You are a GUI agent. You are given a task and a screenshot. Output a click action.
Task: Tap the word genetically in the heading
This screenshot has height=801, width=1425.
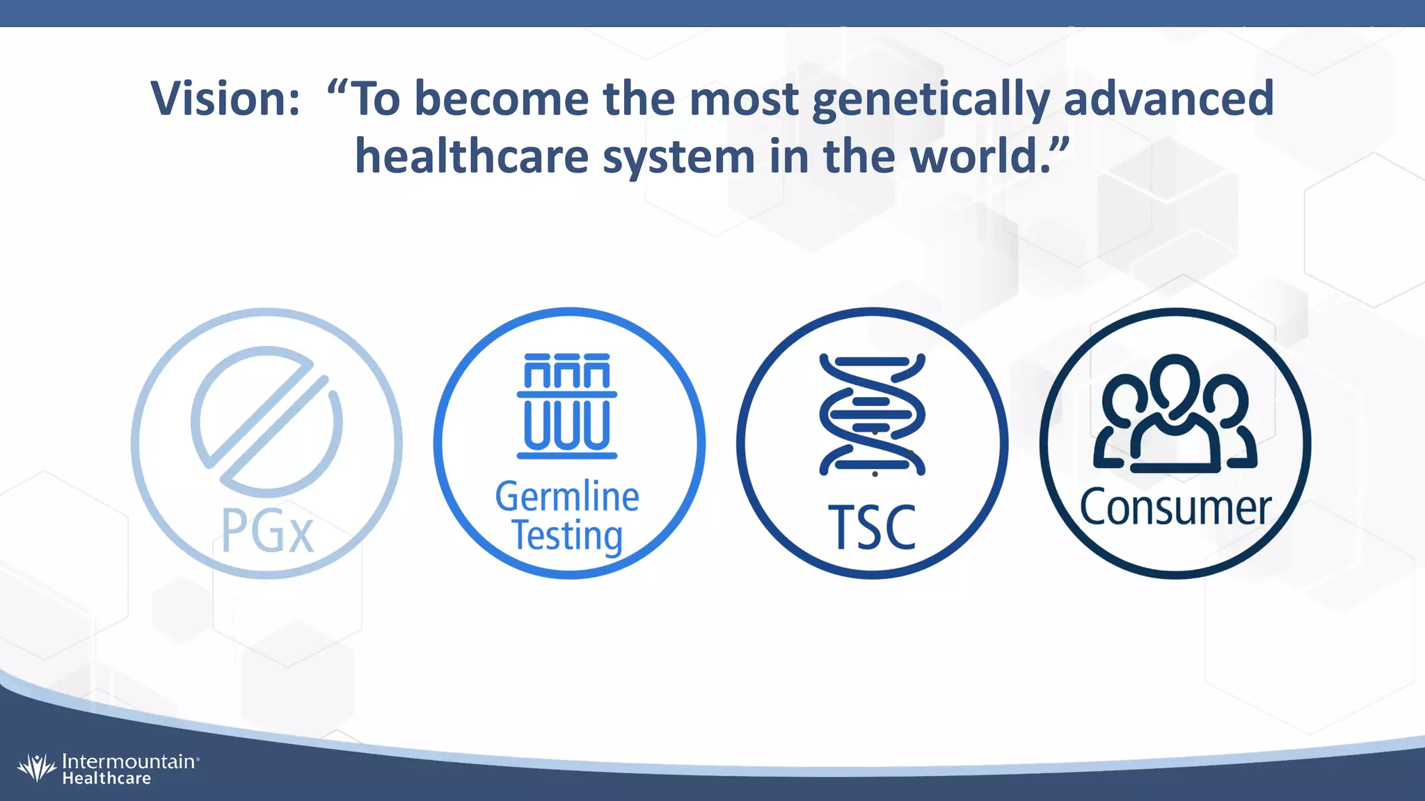(x=931, y=99)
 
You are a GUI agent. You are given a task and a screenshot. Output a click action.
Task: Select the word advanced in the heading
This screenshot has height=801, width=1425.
(x=1168, y=99)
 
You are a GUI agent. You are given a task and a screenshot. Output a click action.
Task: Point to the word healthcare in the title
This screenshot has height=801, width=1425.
(x=472, y=156)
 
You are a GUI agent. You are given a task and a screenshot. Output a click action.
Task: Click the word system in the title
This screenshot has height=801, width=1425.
(x=678, y=156)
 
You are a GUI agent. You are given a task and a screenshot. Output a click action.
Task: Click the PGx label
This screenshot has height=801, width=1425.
(x=267, y=532)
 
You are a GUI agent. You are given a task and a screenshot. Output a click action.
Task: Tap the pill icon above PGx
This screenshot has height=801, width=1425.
(x=267, y=421)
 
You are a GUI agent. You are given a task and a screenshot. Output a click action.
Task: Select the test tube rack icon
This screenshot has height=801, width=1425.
(x=567, y=406)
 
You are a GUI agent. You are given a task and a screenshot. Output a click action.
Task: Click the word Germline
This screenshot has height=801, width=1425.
(x=567, y=496)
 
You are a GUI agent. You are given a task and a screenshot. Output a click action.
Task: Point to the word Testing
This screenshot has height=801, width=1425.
(x=567, y=535)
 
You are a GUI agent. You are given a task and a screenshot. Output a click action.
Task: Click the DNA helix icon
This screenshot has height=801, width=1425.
(x=872, y=414)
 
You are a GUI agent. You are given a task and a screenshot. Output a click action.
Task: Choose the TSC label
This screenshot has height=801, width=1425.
(x=872, y=527)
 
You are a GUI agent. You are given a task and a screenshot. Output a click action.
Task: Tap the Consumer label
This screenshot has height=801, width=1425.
(x=1175, y=508)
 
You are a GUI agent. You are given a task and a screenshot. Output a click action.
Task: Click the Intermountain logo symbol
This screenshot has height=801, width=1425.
(x=36, y=768)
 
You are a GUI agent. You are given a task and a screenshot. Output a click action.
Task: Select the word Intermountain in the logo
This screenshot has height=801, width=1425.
(x=129, y=761)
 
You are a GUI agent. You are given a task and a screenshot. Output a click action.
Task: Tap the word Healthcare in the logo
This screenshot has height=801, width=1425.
(x=106, y=779)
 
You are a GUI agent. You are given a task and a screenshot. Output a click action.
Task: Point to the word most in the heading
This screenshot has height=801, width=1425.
(x=743, y=99)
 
